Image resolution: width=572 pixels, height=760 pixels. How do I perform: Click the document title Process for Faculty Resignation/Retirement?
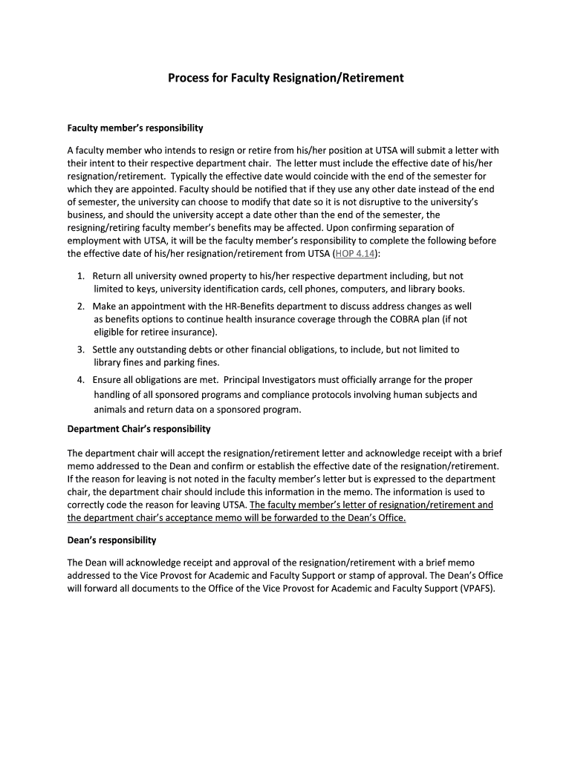tap(286, 77)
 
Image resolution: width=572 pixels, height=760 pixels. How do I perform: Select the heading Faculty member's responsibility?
tap(135, 128)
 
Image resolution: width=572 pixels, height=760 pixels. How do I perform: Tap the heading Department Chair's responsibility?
tap(139, 429)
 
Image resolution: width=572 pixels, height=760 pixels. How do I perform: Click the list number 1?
tap(80, 276)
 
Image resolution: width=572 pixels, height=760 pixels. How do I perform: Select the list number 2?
tap(80, 306)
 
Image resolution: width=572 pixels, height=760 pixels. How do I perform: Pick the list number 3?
tap(80, 349)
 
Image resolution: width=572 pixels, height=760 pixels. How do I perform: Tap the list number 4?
tap(80, 379)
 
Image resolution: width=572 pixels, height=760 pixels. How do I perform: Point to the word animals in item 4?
tap(110, 409)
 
